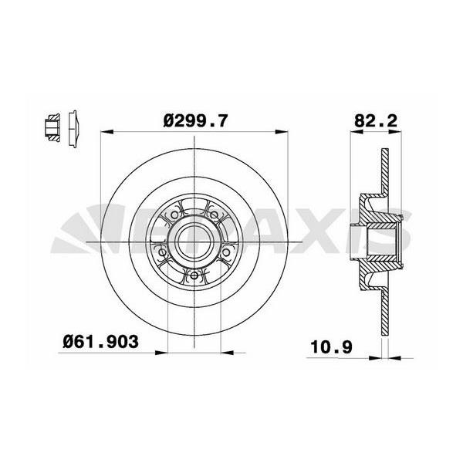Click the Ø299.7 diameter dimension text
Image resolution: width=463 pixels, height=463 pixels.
[198, 120]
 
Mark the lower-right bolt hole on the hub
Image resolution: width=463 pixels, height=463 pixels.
[226, 248]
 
